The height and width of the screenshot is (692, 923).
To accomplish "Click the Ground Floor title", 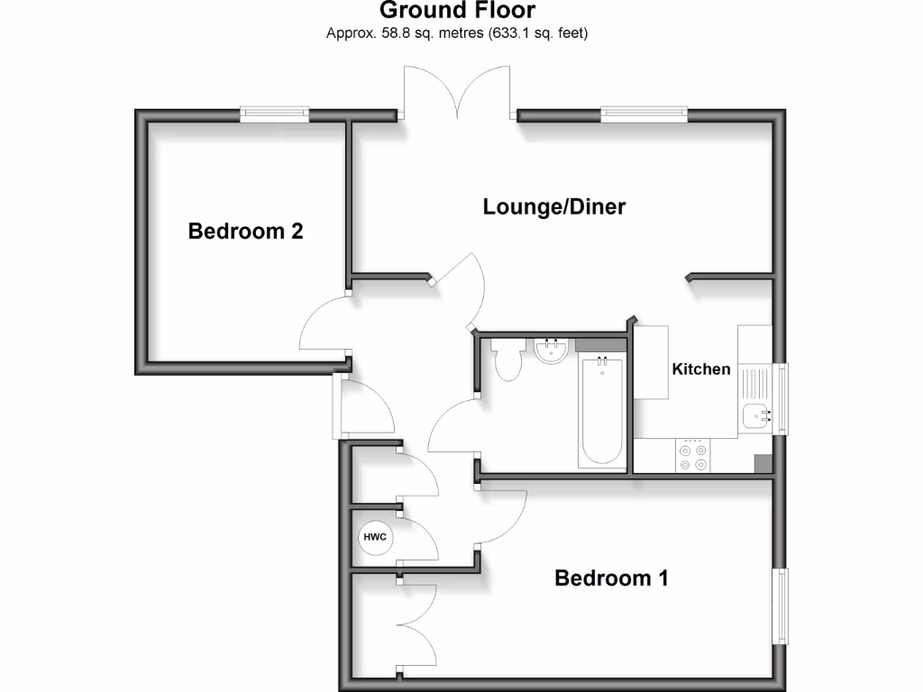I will tap(457, 11).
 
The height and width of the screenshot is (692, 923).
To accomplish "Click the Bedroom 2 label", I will tap(245, 232).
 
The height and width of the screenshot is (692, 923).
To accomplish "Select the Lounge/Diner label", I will tap(553, 206).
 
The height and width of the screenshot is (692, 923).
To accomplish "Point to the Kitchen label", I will tap(700, 369).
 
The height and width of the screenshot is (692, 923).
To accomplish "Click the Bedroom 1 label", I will tap(611, 578).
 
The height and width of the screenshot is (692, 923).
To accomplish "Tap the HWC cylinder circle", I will tap(374, 538).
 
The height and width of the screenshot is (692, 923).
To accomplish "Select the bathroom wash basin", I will tap(550, 351).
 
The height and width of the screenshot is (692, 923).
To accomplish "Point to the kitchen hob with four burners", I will tap(692, 454).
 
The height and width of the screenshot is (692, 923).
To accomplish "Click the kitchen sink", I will tap(755, 415).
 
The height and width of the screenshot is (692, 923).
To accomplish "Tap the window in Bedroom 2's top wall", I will tap(275, 114).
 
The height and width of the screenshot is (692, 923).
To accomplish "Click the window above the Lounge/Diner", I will tap(644, 114).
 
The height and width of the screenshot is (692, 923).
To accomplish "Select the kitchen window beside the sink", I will tap(781, 398).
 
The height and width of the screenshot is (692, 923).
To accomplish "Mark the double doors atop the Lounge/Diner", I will tap(460, 95).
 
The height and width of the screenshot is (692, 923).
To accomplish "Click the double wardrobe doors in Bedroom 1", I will tap(415, 627).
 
